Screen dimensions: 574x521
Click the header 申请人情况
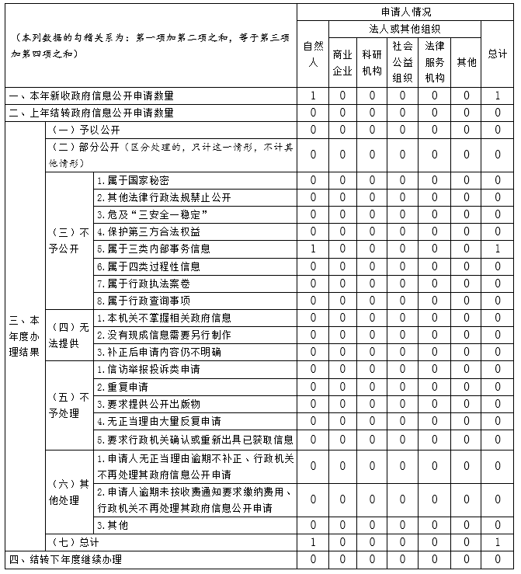point(405,12)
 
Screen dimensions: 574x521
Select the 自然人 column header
point(312,54)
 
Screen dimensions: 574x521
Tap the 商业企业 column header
point(342,62)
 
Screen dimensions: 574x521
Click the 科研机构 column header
point(372,62)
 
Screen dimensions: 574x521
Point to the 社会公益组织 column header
point(402,62)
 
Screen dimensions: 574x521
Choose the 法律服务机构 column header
point(435,62)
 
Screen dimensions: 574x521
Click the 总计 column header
point(497,54)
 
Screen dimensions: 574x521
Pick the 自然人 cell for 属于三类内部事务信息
point(312,249)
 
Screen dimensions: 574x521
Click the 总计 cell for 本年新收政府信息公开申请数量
point(497,96)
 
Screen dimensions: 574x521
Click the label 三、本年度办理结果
point(24,336)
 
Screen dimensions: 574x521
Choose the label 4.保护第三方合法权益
point(148,231)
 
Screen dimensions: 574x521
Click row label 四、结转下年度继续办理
point(65,559)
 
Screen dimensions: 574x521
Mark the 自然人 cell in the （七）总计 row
point(312,542)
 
